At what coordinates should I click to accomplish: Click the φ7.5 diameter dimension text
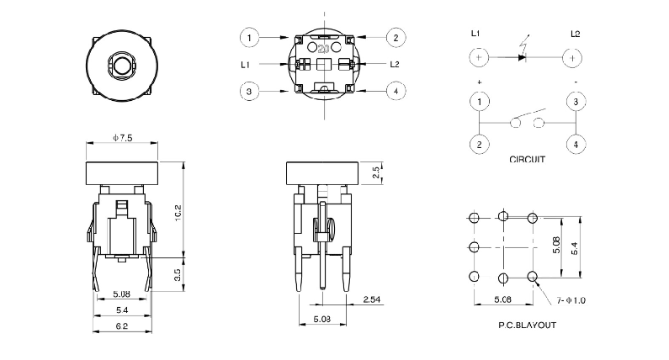[122, 137]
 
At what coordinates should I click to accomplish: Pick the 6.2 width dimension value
[122, 325]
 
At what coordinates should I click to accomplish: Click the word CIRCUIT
[528, 159]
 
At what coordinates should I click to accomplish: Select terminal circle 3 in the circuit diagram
[575, 102]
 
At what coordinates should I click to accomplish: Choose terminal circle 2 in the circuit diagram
[479, 144]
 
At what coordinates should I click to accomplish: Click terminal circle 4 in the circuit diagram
[575, 144]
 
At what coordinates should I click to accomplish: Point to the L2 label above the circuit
[575, 34]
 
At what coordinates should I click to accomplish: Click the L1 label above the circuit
[476, 34]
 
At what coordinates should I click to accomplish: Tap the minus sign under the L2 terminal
[575, 82]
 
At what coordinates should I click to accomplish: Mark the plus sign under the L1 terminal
[479, 82]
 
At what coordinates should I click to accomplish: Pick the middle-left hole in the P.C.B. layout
[473, 247]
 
